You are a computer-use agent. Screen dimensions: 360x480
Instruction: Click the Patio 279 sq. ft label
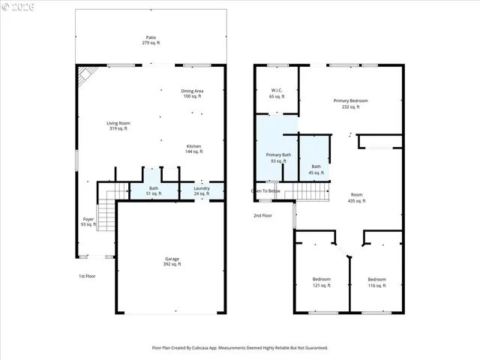point(151,40)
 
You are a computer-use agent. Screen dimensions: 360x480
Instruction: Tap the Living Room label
point(118,125)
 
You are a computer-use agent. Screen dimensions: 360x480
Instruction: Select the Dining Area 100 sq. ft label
point(193,94)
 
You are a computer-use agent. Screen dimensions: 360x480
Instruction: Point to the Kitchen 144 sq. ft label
point(193,148)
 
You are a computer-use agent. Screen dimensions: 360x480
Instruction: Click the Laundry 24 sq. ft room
point(201,191)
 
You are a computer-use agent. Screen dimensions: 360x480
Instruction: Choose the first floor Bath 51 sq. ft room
point(154,191)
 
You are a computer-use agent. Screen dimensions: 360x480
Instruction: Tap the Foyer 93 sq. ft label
point(88,221)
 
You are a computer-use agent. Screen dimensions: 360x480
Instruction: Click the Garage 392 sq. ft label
point(172,262)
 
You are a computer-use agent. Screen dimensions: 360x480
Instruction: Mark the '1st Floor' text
point(87,276)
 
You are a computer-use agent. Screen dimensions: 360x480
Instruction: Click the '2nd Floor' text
point(262,215)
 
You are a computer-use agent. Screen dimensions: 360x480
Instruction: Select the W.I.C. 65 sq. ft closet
point(277,94)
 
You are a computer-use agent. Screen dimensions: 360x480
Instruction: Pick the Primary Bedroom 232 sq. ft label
point(350,103)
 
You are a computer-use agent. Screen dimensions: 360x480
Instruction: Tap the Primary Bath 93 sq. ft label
point(277,158)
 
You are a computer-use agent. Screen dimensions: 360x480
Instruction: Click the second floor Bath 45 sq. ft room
point(316,169)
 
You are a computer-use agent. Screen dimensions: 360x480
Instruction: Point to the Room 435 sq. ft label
point(356,198)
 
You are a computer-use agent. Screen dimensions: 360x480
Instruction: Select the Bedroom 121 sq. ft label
point(321,282)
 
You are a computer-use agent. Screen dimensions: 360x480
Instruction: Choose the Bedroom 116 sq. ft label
point(376,282)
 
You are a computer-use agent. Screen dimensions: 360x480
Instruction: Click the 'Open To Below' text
point(265,191)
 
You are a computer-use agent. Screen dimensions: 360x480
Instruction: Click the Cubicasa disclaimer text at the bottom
point(240,347)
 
